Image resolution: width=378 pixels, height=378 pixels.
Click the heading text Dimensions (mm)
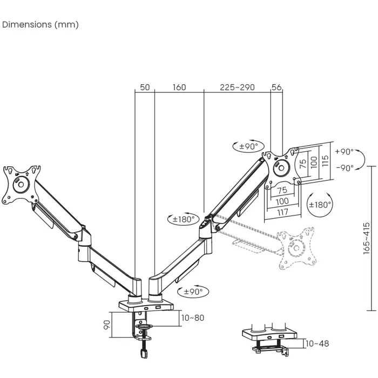(x=40, y=25)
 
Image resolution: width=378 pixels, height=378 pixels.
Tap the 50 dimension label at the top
(x=145, y=87)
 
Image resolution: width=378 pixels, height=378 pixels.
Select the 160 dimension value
(x=179, y=87)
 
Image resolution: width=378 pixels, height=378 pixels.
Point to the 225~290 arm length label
(x=237, y=87)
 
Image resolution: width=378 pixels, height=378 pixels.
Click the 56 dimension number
(x=277, y=87)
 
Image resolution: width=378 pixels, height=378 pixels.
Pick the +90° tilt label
(x=344, y=152)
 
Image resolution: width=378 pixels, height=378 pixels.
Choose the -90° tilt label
(x=344, y=167)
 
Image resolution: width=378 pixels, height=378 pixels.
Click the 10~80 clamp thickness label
(x=193, y=318)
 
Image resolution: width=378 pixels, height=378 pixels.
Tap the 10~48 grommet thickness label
(x=317, y=343)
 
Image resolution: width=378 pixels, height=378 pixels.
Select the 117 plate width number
(x=282, y=212)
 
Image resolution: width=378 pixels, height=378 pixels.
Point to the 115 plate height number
(x=325, y=161)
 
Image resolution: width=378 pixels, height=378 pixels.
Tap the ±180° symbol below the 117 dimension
(x=320, y=205)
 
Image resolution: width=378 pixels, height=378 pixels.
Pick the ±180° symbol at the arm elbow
(x=182, y=219)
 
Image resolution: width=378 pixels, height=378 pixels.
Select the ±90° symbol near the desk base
(x=193, y=292)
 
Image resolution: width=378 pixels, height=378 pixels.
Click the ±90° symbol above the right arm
(x=248, y=146)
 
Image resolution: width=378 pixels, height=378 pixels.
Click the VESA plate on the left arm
(x=21, y=184)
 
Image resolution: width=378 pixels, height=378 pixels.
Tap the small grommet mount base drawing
(x=269, y=337)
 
